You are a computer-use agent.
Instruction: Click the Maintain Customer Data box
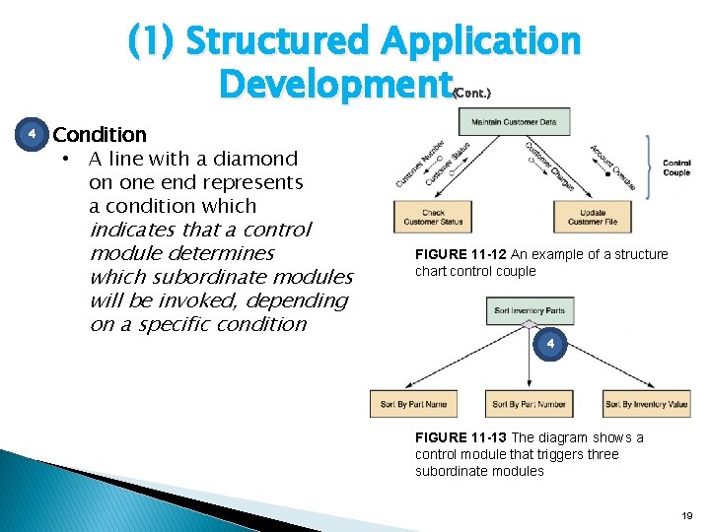click(x=514, y=122)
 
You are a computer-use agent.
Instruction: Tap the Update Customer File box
click(x=593, y=217)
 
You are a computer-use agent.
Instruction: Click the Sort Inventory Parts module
click(x=529, y=311)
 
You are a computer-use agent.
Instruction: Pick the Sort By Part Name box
click(x=413, y=404)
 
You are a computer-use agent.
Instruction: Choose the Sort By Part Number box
click(x=529, y=404)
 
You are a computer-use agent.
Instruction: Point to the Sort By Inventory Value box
click(x=647, y=404)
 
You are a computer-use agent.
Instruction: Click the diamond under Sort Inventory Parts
click(x=529, y=324)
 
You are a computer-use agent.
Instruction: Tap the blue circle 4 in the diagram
click(x=551, y=344)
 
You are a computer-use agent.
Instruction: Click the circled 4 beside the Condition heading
click(x=32, y=133)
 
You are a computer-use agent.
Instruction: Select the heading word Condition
click(x=100, y=134)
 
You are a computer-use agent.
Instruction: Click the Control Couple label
click(x=676, y=167)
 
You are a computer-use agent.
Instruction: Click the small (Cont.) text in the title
click(x=471, y=92)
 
